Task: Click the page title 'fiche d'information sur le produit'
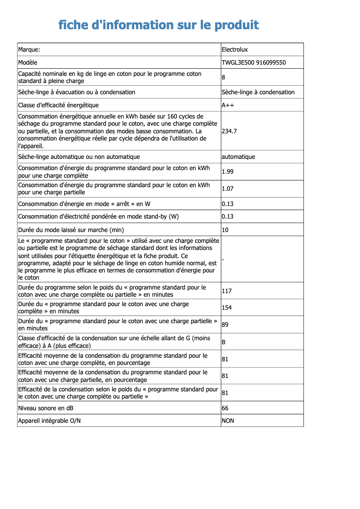coord(158,25)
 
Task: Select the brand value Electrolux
coord(235,49)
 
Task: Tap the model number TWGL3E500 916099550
coord(254,62)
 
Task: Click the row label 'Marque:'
coord(29,49)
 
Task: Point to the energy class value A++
coord(228,105)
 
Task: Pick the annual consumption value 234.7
coord(229,131)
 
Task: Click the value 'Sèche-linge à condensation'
coord(258,92)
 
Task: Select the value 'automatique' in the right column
coord(238,157)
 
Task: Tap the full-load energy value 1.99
coord(228,171)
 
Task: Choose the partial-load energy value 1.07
coord(228,189)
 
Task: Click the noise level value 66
coord(225,408)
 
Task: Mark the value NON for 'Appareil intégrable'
coord(228,421)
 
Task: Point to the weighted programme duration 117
coord(227,291)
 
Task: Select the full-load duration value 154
coord(227,307)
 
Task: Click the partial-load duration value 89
coord(225,325)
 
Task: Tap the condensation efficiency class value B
coord(224,342)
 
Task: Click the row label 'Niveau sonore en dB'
coord(46,408)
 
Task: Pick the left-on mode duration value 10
coord(225,230)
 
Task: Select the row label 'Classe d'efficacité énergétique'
coord(58,105)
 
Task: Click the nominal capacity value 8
coord(224,77)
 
